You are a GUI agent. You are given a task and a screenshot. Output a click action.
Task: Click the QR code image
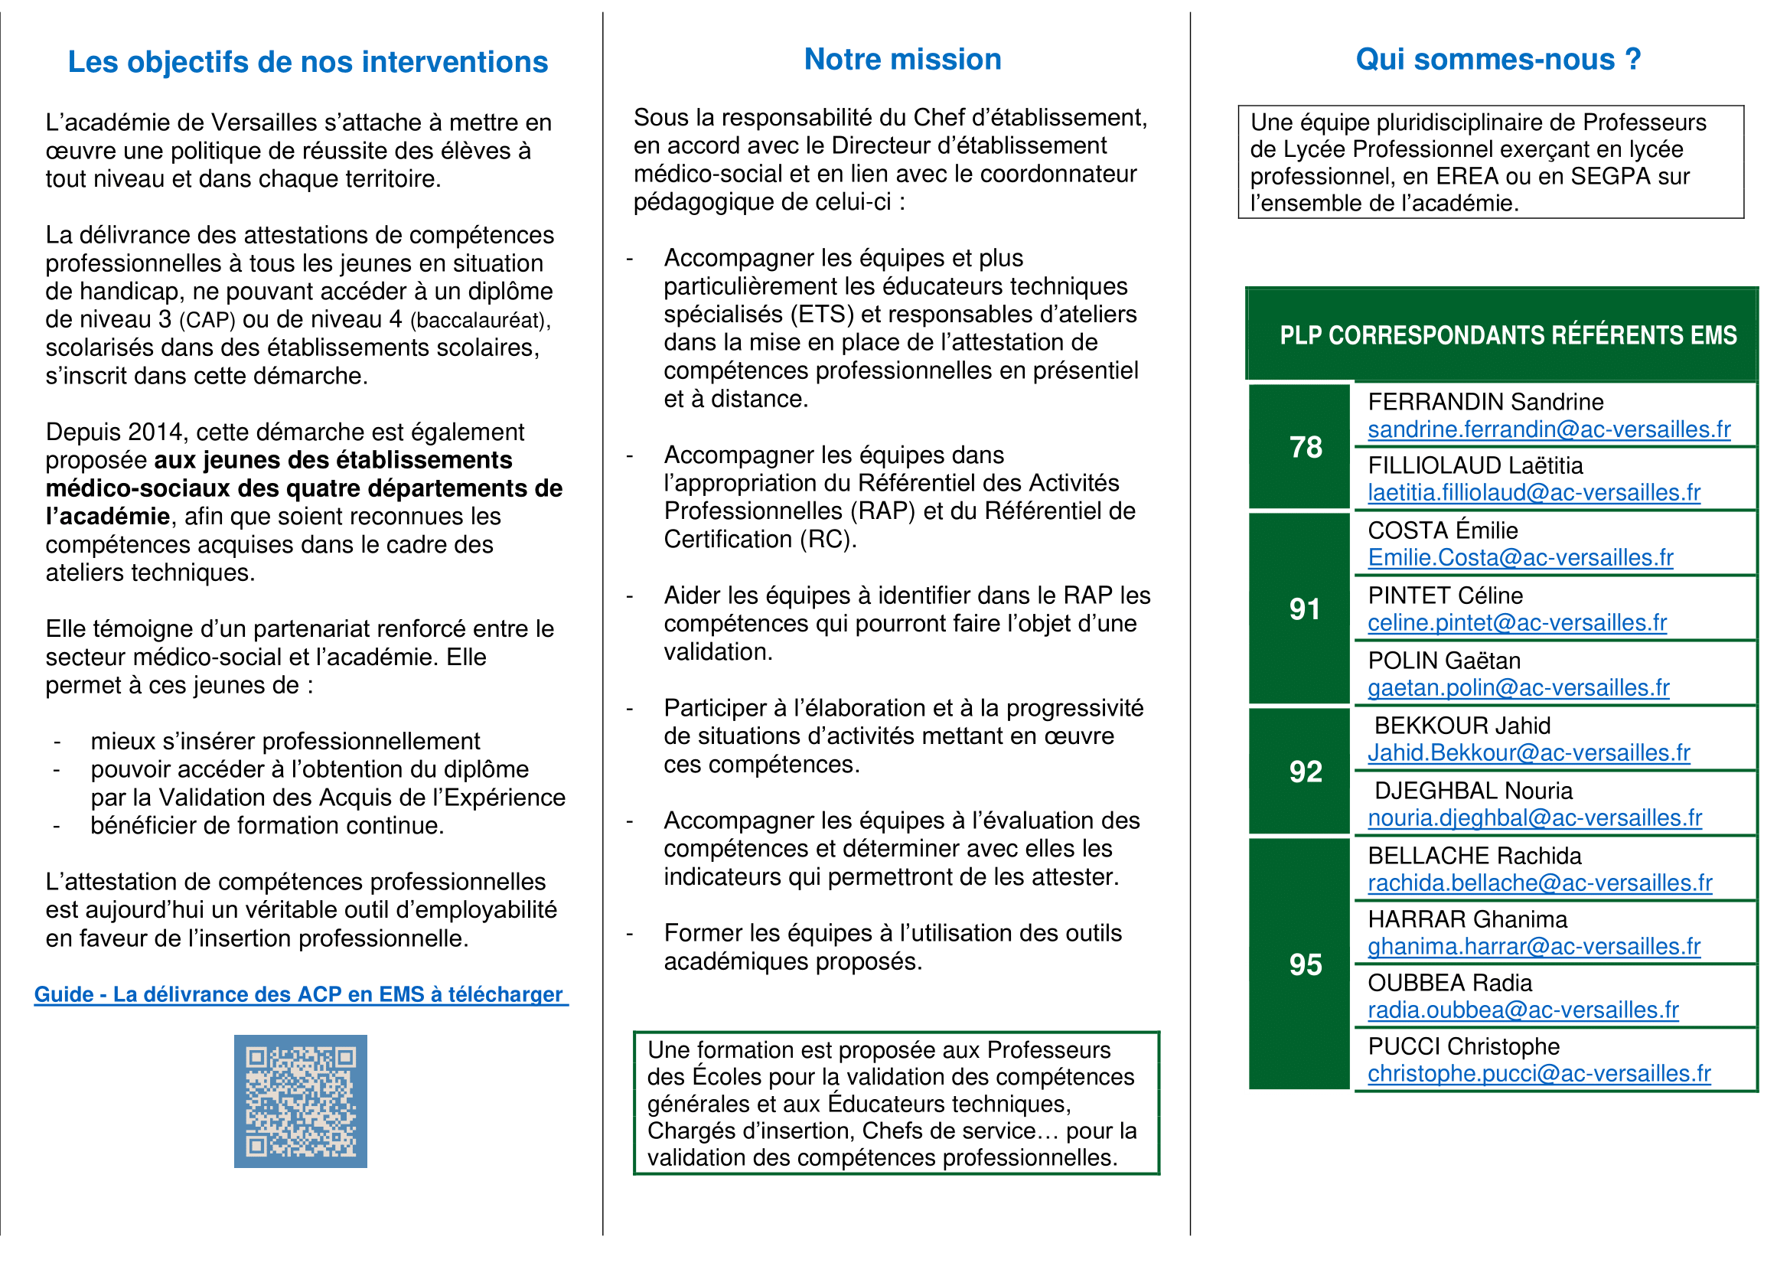tap(300, 1101)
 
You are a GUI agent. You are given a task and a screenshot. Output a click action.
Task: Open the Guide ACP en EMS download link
tap(300, 995)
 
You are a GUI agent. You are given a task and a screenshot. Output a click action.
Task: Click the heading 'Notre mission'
tap(902, 60)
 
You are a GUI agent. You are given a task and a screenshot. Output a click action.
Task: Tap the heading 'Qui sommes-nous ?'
tap(1498, 60)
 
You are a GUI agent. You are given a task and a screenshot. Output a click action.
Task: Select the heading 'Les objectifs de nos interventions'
tap(308, 62)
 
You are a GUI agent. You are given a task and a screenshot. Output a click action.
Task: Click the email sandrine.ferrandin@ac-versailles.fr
tap(1548, 429)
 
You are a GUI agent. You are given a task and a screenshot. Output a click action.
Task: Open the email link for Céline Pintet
tap(1516, 623)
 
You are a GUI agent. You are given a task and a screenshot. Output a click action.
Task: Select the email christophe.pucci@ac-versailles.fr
tap(1538, 1073)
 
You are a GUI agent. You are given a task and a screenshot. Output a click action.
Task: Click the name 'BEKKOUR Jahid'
tap(1462, 726)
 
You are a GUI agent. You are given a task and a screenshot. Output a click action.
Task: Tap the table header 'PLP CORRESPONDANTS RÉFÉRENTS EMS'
tap(1508, 335)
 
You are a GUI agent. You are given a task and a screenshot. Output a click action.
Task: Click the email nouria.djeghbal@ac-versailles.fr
tap(1534, 817)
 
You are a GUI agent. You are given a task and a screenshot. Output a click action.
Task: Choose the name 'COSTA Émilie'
tap(1443, 531)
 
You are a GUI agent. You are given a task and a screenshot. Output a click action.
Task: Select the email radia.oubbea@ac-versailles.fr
tap(1523, 1010)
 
